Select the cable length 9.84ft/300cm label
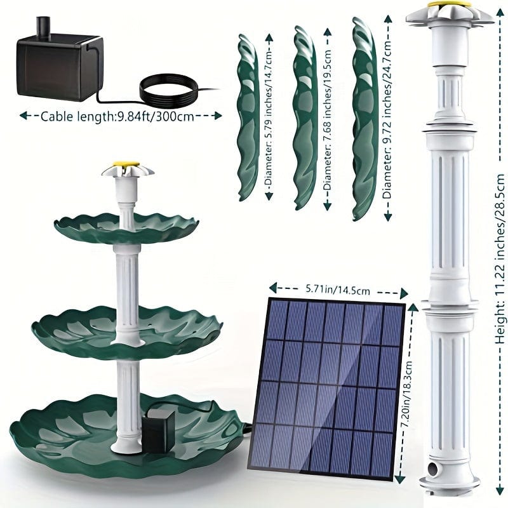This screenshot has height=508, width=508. click(117, 116)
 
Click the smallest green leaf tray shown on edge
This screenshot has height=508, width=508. click(248, 118)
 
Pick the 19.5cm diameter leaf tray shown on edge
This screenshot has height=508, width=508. click(305, 117)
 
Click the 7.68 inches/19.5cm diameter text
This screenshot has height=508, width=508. click(328, 119)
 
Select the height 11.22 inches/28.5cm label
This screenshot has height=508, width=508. click(500, 259)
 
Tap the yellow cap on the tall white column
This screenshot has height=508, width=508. click(450, 5)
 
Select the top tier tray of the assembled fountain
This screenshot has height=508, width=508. click(126, 225)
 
